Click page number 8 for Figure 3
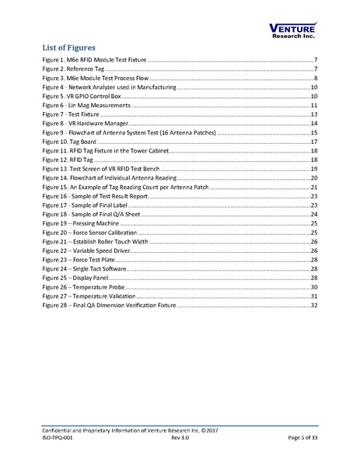[x=316, y=79]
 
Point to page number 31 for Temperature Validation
[x=314, y=296]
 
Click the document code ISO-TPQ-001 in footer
[x=59, y=438]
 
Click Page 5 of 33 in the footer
[x=300, y=438]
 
